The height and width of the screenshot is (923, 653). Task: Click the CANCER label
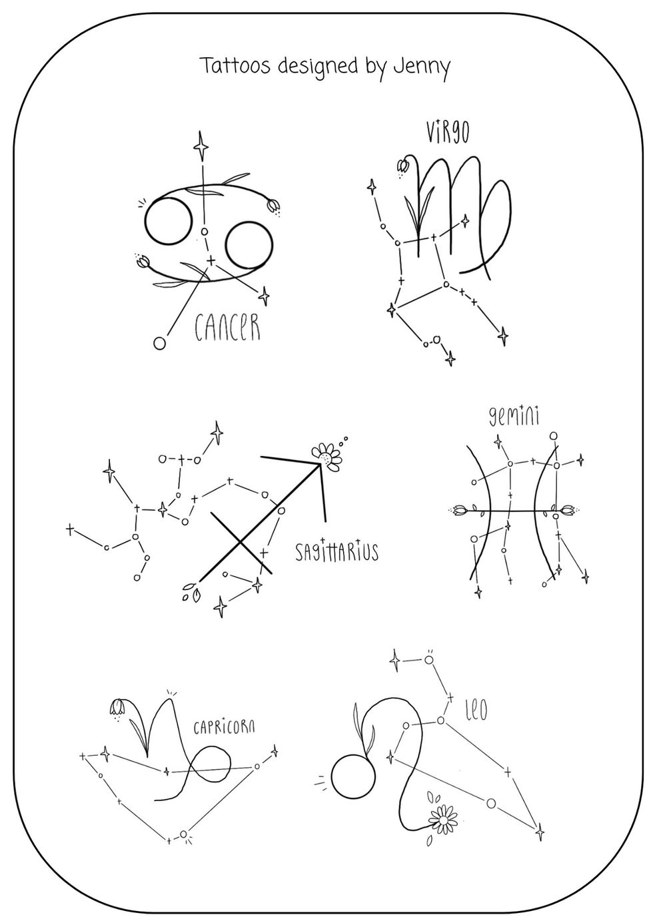point(228,327)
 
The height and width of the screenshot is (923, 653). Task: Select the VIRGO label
point(448,132)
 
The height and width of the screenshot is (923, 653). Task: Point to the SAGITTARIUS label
point(337,551)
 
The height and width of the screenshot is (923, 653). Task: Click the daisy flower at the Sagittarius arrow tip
point(327,457)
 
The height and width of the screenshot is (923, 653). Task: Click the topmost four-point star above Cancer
point(202,147)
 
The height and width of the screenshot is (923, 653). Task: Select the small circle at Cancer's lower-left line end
point(159,343)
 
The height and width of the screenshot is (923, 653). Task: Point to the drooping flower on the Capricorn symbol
point(117,707)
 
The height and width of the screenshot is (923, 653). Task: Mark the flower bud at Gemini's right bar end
point(568,510)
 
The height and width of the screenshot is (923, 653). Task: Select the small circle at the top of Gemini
point(554,436)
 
